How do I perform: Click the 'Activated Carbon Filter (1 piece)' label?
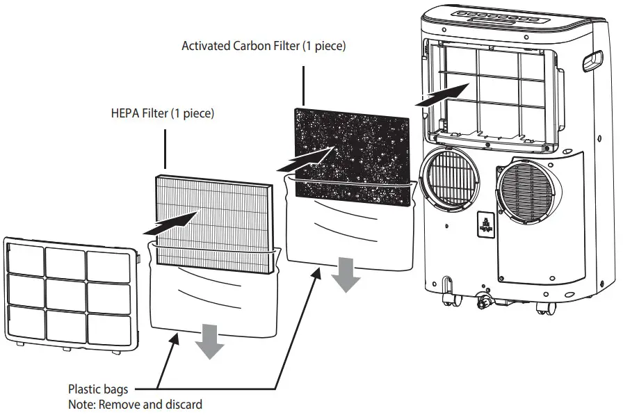click(264, 47)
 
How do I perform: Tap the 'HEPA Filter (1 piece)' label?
click(162, 113)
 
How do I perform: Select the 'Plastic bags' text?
click(97, 389)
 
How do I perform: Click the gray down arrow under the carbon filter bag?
click(346, 274)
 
